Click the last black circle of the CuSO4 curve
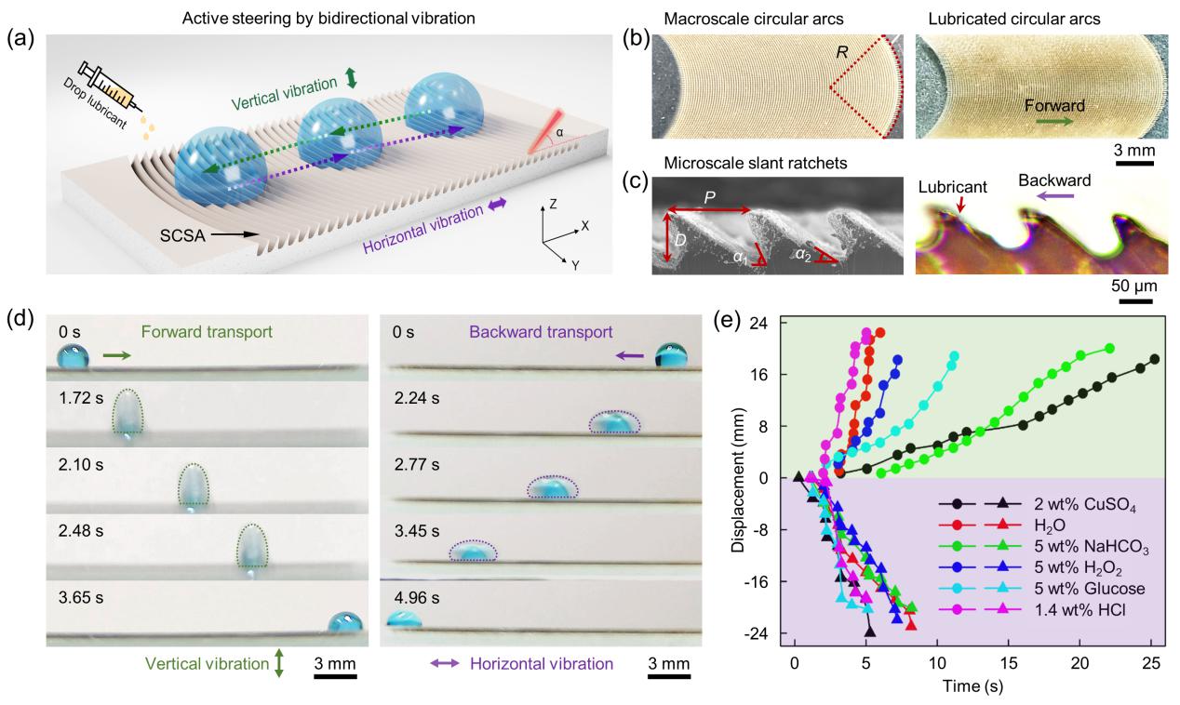coord(1155,359)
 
